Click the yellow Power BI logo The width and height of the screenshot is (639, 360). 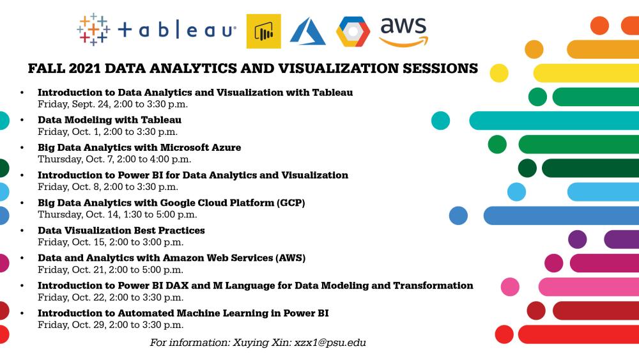(263, 31)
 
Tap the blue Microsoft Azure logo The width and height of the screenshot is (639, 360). (307, 31)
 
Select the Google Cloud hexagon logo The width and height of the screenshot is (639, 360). (353, 31)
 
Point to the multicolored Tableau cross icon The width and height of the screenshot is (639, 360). (93, 29)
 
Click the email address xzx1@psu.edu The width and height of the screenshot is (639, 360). (330, 343)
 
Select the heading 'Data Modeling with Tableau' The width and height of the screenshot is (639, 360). (109, 120)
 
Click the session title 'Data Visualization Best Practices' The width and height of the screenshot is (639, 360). (121, 230)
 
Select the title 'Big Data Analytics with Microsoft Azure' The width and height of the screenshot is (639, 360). (139, 147)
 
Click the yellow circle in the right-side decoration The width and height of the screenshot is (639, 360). (499, 74)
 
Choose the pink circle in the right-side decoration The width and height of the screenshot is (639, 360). (510, 286)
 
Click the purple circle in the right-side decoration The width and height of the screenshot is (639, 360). (577, 239)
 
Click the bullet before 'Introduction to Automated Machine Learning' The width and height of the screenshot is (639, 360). (23, 313)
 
